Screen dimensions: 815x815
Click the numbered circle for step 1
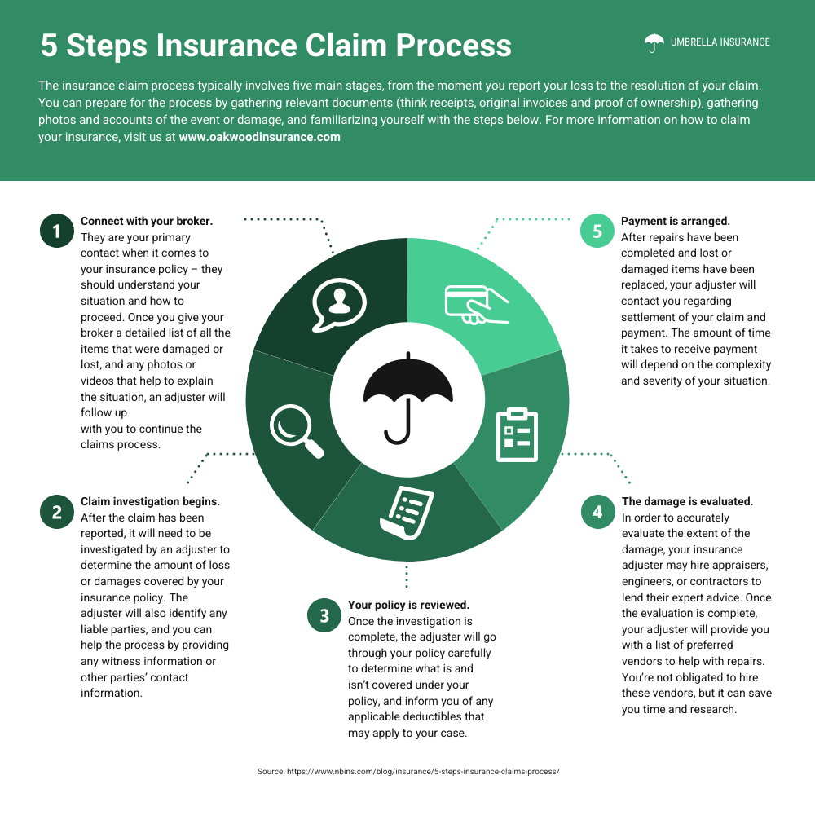point(56,231)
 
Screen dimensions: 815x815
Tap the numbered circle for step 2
point(56,512)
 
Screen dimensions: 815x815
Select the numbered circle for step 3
point(324,615)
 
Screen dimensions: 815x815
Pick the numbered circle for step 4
point(597,512)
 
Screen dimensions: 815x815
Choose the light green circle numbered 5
point(597,231)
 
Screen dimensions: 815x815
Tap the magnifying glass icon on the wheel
point(296,430)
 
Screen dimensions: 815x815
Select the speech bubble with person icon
point(337,303)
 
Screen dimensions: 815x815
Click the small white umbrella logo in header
point(654,42)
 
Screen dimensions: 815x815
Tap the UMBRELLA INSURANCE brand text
point(720,42)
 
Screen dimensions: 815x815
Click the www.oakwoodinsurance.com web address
point(259,137)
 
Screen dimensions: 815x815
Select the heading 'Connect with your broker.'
point(147,221)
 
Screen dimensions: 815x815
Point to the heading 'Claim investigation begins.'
point(150,501)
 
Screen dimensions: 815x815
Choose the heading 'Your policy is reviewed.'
point(408,605)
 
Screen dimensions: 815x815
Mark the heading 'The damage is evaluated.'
point(687,501)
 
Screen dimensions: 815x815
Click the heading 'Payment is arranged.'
point(676,221)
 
